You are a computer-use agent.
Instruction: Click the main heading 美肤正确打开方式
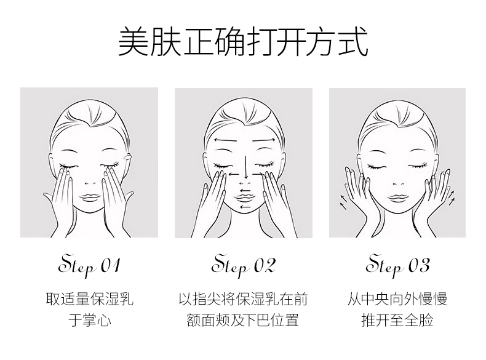244,42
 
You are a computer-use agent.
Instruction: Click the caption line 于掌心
90,320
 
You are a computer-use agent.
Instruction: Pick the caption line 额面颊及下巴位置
243,320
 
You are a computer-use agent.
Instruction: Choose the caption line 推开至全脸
397,320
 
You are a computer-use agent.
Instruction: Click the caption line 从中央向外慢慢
397,299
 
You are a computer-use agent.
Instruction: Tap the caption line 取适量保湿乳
90,299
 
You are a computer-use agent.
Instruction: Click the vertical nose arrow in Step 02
246,167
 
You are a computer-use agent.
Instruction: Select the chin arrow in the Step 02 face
245,207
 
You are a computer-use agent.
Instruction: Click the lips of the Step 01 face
90,198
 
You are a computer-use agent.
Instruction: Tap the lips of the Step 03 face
398,198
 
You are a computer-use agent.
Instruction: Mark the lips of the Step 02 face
245,198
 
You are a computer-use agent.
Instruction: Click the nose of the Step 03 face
398,183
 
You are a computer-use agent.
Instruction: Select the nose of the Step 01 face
90,183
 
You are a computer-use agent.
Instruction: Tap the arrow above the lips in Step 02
245,190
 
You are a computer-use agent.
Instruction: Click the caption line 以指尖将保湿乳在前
243,299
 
